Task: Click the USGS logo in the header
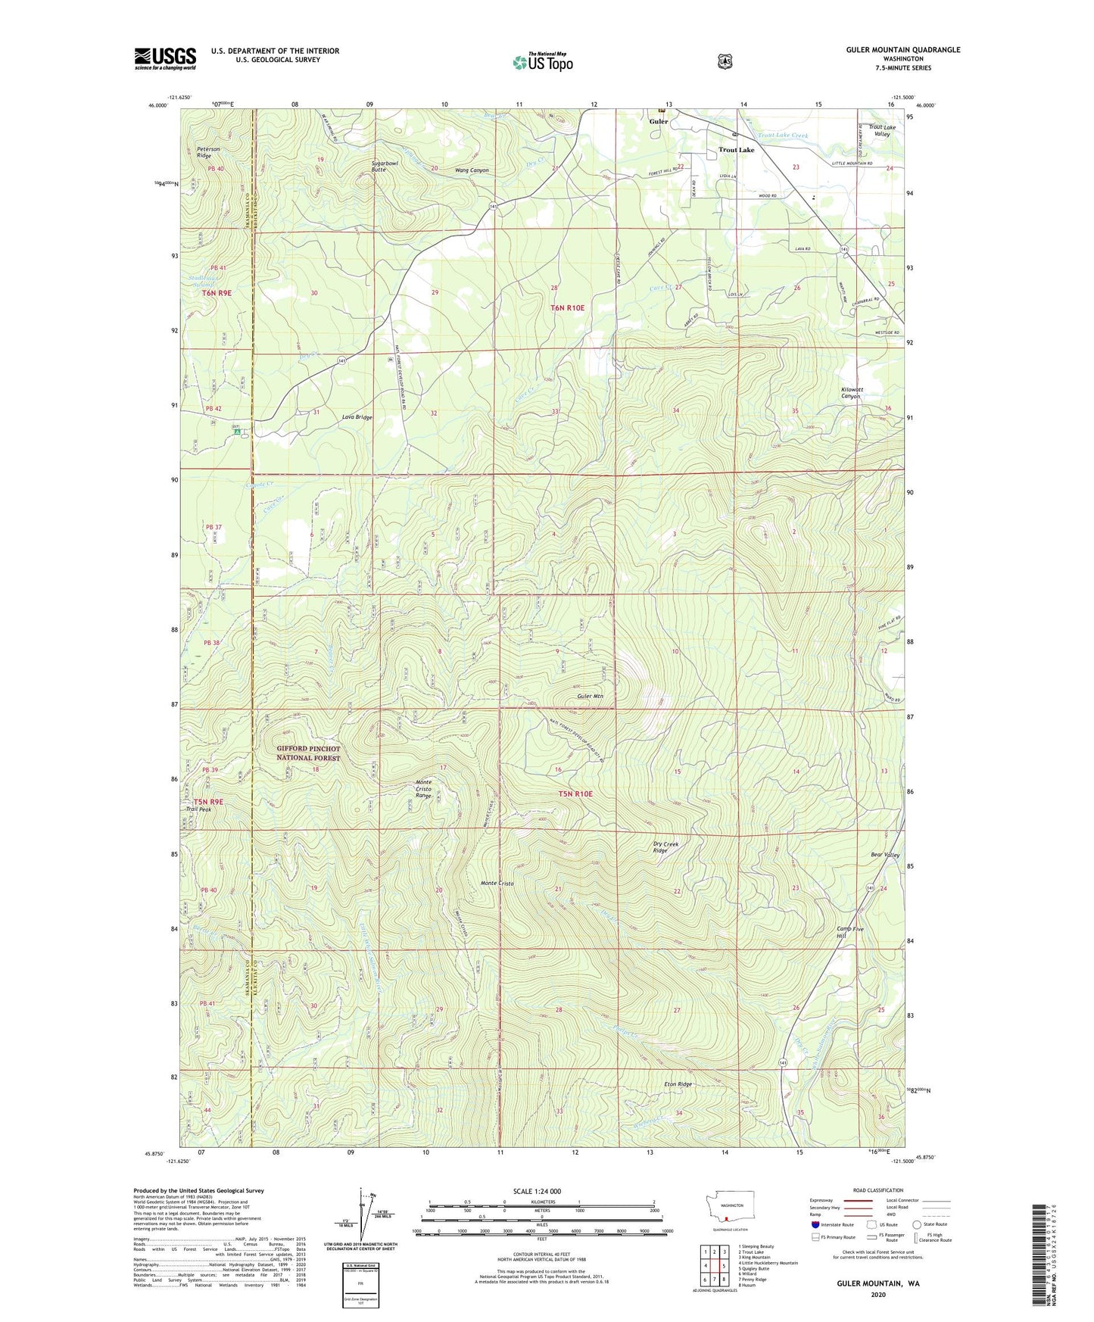pyautogui.click(x=165, y=58)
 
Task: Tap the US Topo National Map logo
pyautogui.click(x=541, y=62)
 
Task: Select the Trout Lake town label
pyautogui.click(x=736, y=150)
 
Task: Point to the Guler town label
pyautogui.click(x=659, y=121)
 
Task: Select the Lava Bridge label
pyautogui.click(x=357, y=417)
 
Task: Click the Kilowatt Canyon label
pyautogui.click(x=851, y=393)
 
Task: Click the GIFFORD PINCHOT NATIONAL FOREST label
pyautogui.click(x=308, y=753)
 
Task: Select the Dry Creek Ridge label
pyautogui.click(x=660, y=847)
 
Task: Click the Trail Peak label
pyautogui.click(x=198, y=809)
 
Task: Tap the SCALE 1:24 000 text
pyautogui.click(x=537, y=1191)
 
